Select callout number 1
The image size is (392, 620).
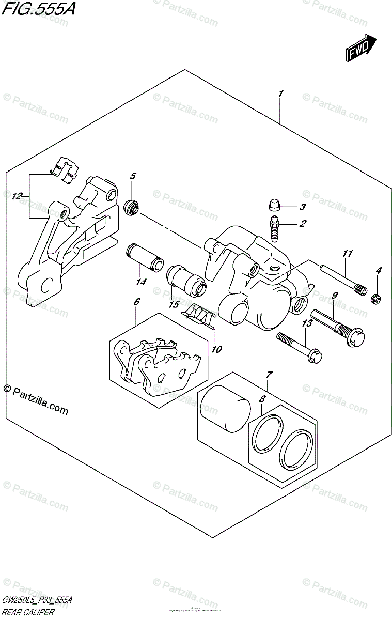pyautogui.click(x=280, y=94)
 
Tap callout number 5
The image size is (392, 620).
pyautogui.click(x=132, y=176)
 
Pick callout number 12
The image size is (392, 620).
pyautogui.click(x=17, y=196)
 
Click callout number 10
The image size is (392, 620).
pyautogui.click(x=216, y=349)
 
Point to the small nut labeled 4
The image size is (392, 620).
pyautogui.click(x=377, y=298)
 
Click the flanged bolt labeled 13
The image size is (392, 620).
pyautogui.click(x=300, y=348)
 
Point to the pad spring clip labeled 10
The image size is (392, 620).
pyautogui.click(x=200, y=316)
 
